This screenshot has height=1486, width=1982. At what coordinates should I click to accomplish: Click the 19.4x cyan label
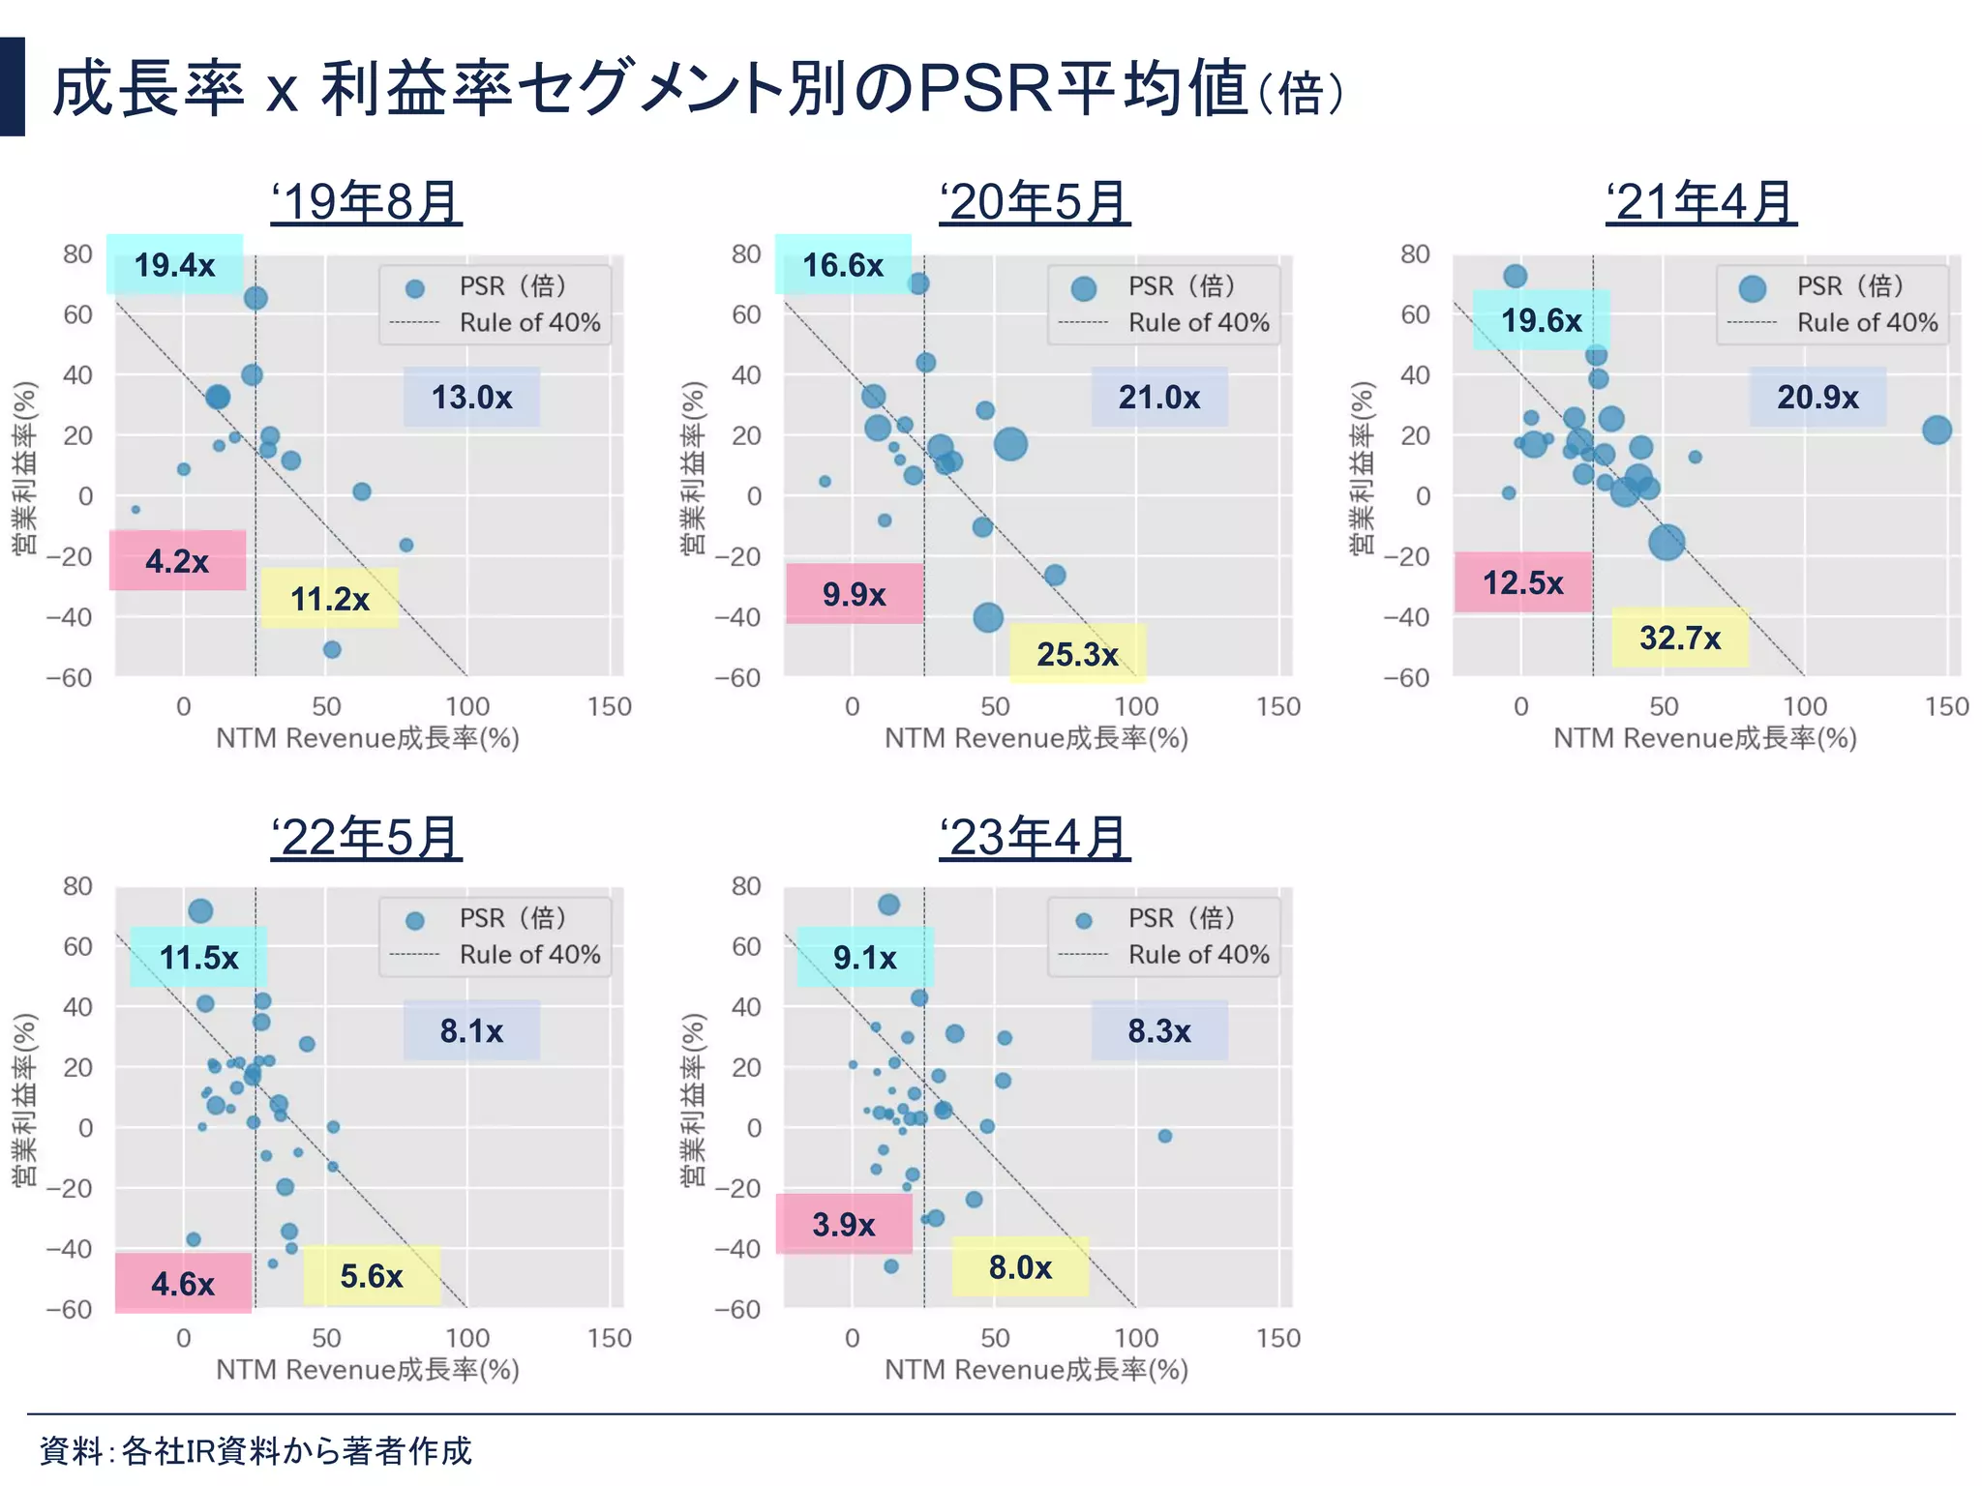pos(174,264)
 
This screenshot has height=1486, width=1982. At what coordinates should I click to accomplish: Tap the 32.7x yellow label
pos(1680,638)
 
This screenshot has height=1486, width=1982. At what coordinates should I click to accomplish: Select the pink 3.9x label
pos(844,1224)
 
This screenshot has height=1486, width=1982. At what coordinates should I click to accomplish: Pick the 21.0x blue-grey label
pos(1159,397)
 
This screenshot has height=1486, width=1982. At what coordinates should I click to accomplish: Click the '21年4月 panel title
pos(1700,203)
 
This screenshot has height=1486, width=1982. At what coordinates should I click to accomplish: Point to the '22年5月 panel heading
pos(366,837)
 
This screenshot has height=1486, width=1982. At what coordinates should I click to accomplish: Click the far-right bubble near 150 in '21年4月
pos(1937,431)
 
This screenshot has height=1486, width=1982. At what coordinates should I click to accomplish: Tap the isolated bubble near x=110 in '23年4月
pos(1165,1136)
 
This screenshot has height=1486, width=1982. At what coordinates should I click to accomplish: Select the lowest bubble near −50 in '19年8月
pos(332,649)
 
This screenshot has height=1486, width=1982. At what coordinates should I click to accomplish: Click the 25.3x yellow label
pos(1077,654)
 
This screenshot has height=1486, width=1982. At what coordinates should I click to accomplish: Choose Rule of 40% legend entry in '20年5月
pos(1198,322)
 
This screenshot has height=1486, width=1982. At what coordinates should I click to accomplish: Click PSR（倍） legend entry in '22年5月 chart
pos(511,918)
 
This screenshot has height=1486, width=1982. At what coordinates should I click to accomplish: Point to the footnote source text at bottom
pos(255,1450)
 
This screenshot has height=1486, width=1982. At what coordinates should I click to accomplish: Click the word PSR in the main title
pos(984,89)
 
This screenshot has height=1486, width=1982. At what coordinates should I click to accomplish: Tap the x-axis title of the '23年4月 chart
pos(1036,1369)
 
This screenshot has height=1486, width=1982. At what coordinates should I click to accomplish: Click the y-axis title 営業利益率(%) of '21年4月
pos(1362,467)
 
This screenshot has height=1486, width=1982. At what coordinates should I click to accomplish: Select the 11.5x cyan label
pos(198,957)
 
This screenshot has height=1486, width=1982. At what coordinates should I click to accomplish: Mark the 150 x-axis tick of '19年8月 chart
pos(609,707)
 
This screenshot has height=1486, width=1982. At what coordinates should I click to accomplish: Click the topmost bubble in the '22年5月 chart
pos(200,910)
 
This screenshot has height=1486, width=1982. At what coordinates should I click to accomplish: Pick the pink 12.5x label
pos(1523,582)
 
